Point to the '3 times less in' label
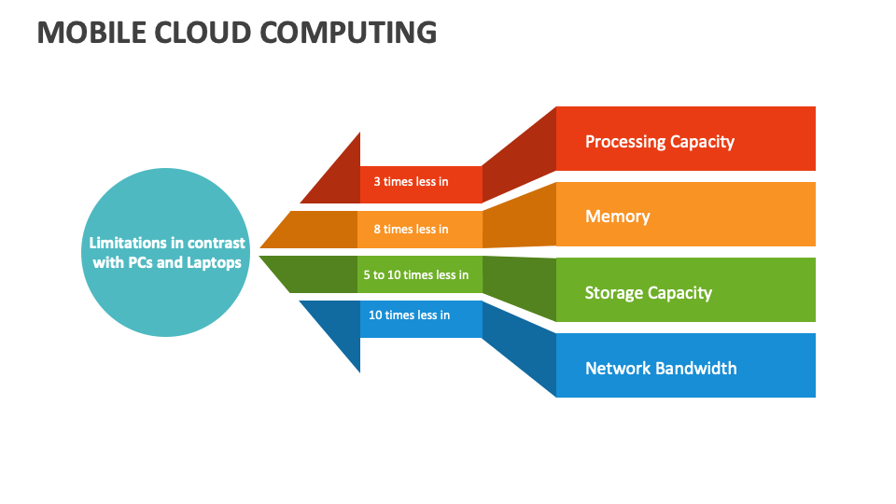411,182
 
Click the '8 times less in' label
411,230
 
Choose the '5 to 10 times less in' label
415,275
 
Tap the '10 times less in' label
409,315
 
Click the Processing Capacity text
659,142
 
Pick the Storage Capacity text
648,293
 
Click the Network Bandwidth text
660,369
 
